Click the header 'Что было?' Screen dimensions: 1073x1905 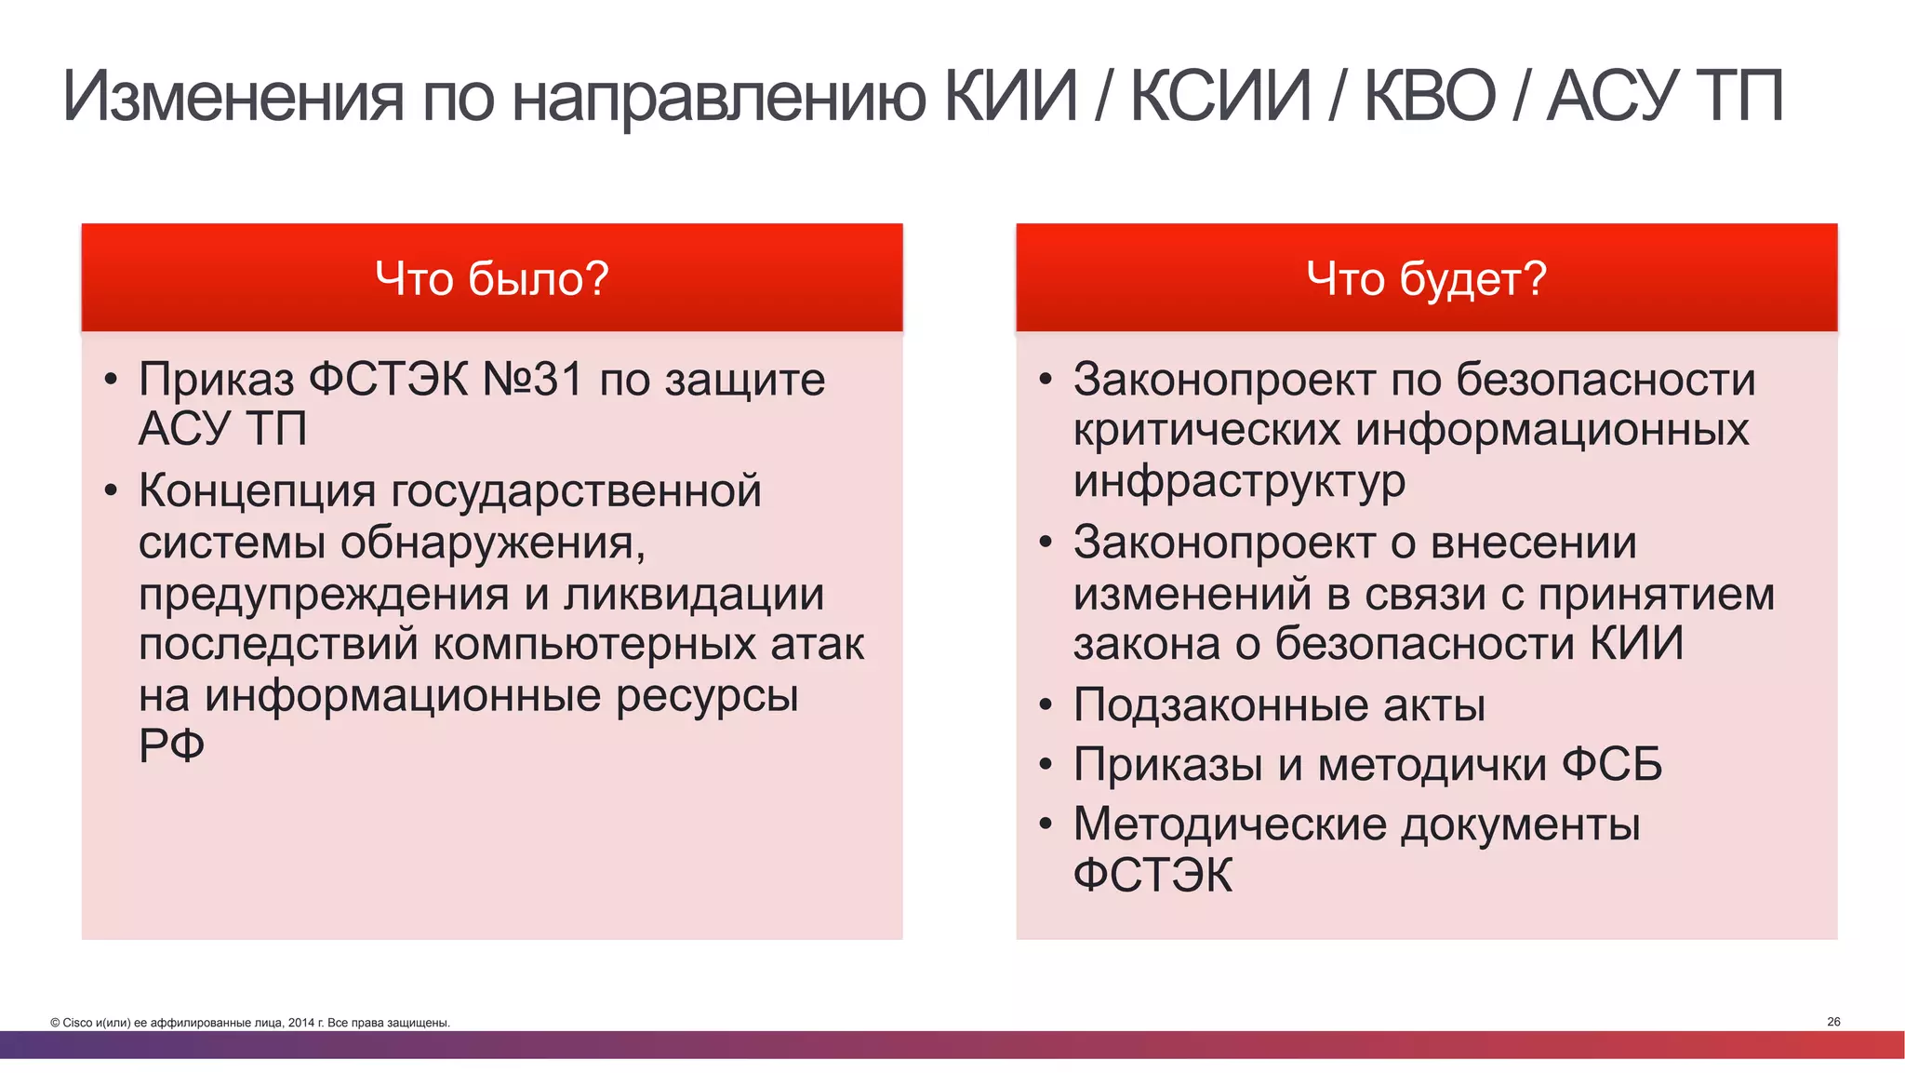pos(491,278)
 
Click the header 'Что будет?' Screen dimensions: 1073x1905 pos(1426,278)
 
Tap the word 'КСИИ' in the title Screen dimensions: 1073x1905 pos(1220,96)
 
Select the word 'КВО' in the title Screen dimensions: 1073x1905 pos(1430,96)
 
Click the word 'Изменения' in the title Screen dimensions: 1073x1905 pos(233,96)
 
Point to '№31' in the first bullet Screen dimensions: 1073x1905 pos(533,380)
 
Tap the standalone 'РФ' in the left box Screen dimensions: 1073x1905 pos(171,744)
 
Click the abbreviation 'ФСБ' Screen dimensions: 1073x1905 pos(1611,765)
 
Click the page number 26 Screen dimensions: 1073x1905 pos(1833,1022)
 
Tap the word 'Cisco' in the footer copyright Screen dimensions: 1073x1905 pos(77,1023)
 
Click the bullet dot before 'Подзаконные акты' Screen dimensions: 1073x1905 pos(1046,706)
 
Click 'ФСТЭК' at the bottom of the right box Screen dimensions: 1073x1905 pos(1152,876)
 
